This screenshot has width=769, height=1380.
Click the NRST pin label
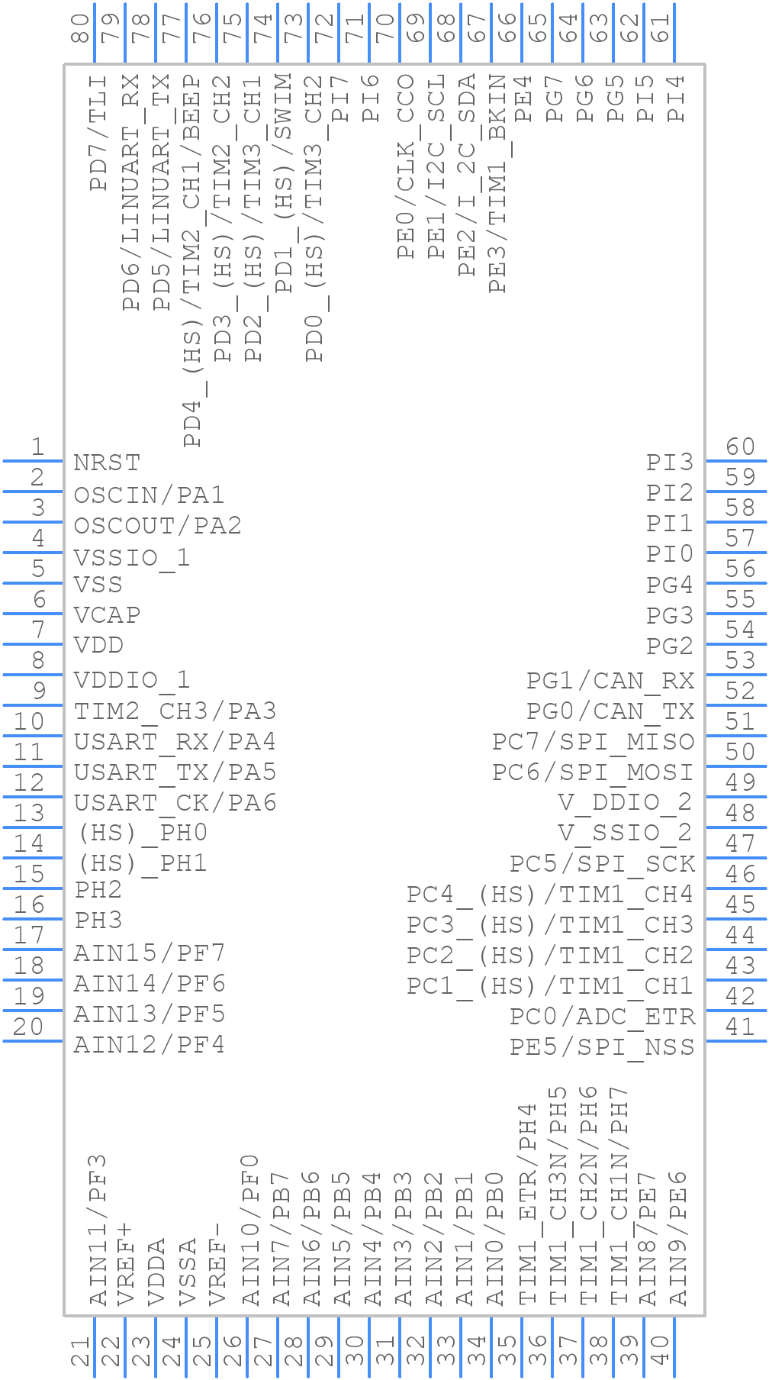pyautogui.click(x=107, y=463)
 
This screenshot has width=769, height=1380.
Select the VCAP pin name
pyautogui.click(x=107, y=615)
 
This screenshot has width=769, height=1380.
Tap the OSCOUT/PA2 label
pyautogui.click(x=157, y=525)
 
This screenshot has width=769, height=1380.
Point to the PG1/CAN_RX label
pyautogui.click(x=610, y=680)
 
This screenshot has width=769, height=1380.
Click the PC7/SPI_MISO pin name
pyautogui.click(x=593, y=741)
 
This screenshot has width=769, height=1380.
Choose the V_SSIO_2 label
pyautogui.click(x=626, y=832)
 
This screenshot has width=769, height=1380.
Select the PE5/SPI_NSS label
pyautogui.click(x=602, y=1046)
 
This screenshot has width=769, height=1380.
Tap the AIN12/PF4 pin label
pyautogui.click(x=149, y=1044)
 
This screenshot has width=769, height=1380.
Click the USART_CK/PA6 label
pyautogui.click(x=175, y=803)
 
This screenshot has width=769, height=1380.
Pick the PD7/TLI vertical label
pyautogui.click(x=98, y=133)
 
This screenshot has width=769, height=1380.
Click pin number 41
pyautogui.click(x=740, y=1026)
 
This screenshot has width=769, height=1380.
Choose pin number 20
pyautogui.click(x=28, y=1026)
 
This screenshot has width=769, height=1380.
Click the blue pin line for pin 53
pyautogui.click(x=736, y=675)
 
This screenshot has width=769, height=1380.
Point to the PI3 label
pyautogui.click(x=670, y=463)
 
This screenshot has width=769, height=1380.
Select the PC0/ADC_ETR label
pyautogui.click(x=602, y=1017)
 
